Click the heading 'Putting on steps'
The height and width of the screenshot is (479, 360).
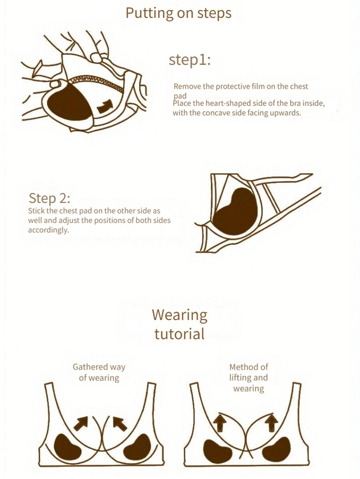(178, 14)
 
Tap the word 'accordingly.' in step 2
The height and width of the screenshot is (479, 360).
(48, 230)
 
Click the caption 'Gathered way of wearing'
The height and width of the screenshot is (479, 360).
(99, 372)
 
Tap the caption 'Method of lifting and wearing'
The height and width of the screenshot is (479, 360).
(248, 377)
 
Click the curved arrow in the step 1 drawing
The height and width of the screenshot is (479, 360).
(105, 106)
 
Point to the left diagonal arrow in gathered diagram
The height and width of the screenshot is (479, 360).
(81, 423)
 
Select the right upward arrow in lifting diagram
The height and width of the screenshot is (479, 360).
(271, 423)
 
